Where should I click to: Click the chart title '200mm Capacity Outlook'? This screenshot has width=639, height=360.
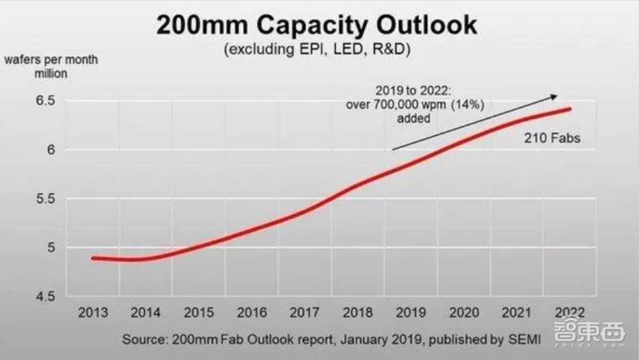click(316, 25)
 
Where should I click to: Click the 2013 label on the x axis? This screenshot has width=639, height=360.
click(93, 313)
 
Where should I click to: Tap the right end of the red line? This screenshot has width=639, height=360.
click(569, 109)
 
